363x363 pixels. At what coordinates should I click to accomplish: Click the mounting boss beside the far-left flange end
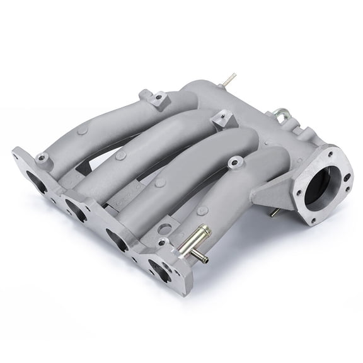43,157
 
